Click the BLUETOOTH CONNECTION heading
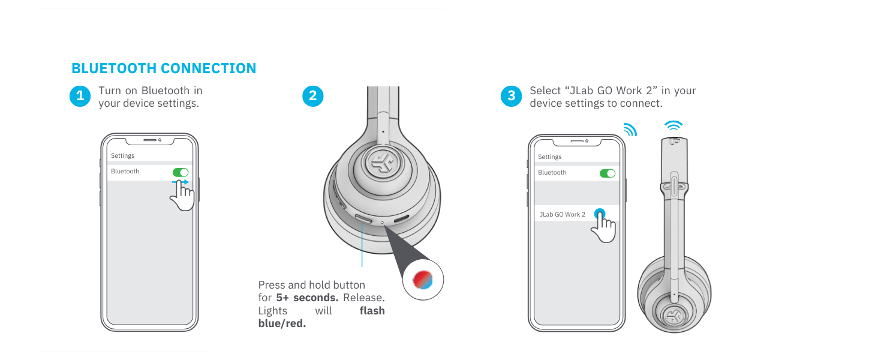164,68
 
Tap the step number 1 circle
80,96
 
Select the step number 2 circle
313,96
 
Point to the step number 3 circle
511,96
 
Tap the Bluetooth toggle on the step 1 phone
181,172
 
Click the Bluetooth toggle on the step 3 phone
608,173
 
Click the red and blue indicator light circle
423,280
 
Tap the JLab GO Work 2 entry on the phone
562,214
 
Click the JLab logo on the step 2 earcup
383,162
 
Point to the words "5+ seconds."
307,298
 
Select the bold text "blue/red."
282,323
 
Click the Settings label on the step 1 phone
122,155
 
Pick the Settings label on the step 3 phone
549,157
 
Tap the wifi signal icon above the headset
673,125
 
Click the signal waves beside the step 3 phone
630,130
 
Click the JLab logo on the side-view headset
674,314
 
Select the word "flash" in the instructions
372,311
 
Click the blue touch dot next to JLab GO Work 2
600,214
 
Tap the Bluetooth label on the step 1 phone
125,172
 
